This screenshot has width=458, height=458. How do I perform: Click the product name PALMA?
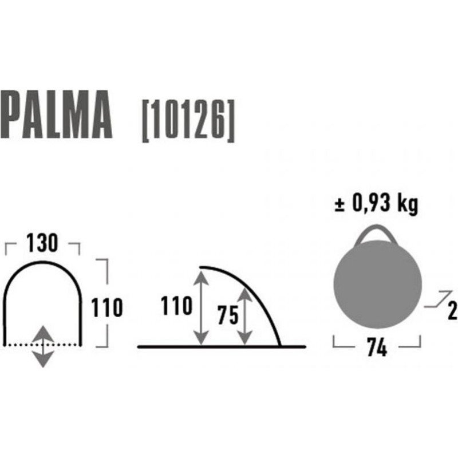coord(56,114)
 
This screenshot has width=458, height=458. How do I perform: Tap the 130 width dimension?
coord(42,243)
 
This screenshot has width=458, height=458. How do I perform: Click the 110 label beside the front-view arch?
coord(107,307)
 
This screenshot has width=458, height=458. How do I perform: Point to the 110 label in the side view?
coord(177,306)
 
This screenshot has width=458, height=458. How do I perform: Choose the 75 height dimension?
coord(228,315)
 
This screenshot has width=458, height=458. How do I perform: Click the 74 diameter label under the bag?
coord(377,347)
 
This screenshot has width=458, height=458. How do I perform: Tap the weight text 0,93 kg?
coord(385,203)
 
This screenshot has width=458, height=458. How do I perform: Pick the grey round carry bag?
coord(377,283)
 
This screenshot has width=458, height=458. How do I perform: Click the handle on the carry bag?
coord(376,227)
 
